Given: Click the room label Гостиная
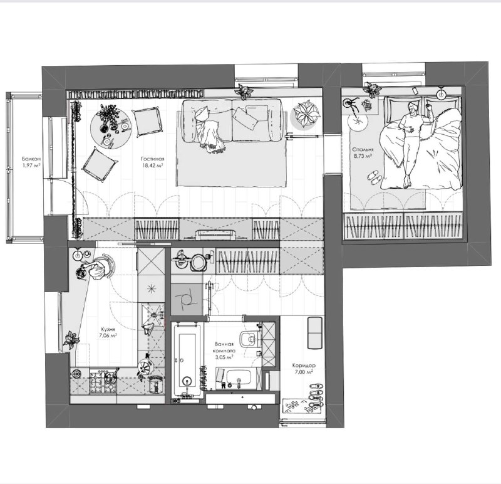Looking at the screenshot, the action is (x=152, y=159).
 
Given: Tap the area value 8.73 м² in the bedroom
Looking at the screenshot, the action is (x=363, y=156).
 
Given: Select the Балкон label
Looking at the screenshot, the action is (x=31, y=159).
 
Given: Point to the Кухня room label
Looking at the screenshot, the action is (x=108, y=329).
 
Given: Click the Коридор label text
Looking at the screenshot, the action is (x=304, y=366).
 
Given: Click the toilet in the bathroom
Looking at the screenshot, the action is (x=250, y=339).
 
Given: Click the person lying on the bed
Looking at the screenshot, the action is (x=412, y=142).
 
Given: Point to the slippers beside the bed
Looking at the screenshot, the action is (x=374, y=177).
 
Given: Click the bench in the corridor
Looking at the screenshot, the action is (x=315, y=333).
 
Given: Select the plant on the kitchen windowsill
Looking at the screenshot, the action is (x=71, y=340).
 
